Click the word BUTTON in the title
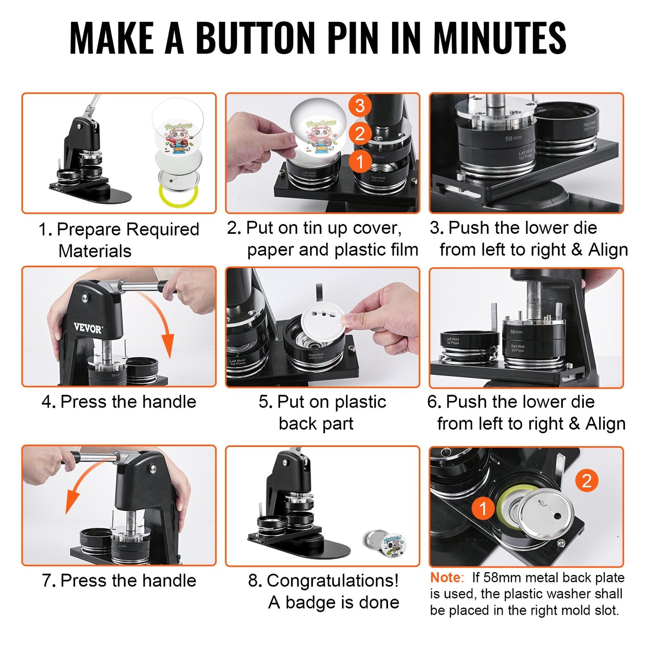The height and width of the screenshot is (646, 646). coord(255,38)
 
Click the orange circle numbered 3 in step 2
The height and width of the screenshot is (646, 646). coord(359,106)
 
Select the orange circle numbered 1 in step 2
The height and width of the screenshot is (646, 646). coord(359,161)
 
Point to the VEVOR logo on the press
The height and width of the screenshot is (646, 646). coord(88,329)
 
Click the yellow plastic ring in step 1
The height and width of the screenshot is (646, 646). coord(178,195)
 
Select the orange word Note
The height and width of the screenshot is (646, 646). coord(445,578)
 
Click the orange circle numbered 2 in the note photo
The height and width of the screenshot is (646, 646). coord(586,481)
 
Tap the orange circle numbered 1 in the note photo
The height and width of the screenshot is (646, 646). coord(483,509)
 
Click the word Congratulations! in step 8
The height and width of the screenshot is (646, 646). coord(332,581)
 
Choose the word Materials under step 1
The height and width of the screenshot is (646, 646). coord(95,251)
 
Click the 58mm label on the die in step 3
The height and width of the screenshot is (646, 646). coord(514,139)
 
